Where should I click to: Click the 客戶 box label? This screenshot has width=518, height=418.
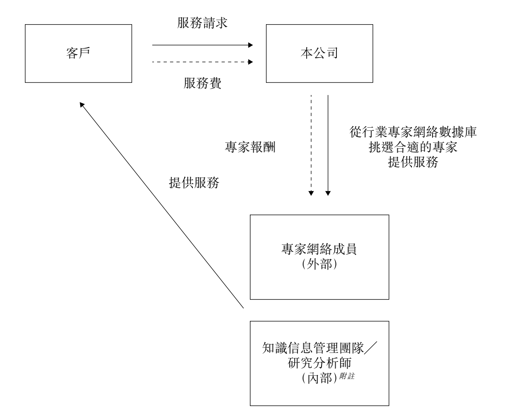tap(78, 53)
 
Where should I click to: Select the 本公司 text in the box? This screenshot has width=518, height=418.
tap(319, 53)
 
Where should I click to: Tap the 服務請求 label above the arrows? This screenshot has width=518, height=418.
tap(202, 23)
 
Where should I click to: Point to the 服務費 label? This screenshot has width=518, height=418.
tap(202, 83)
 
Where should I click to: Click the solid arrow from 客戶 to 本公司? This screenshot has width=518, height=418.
tap(202, 45)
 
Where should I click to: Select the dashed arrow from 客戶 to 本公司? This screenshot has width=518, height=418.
tap(202, 62)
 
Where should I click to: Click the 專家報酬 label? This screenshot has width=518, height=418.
tap(250, 147)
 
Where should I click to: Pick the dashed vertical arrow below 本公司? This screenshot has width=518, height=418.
tap(311, 144)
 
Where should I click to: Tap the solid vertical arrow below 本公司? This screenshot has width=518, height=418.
tap(328, 144)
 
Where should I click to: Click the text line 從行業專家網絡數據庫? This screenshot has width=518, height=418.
tap(413, 133)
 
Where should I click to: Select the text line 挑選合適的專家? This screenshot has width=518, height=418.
tap(413, 147)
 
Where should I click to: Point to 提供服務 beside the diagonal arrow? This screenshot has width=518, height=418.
tap(194, 183)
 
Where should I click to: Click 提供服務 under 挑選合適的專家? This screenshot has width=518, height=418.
tap(413, 162)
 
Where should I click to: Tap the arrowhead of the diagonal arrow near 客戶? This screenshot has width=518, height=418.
tap(82, 104)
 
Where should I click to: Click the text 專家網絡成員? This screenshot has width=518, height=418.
tap(319, 249)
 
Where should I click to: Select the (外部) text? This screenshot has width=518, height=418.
tap(319, 264)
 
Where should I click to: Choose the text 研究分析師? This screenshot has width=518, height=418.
tap(319, 363)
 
